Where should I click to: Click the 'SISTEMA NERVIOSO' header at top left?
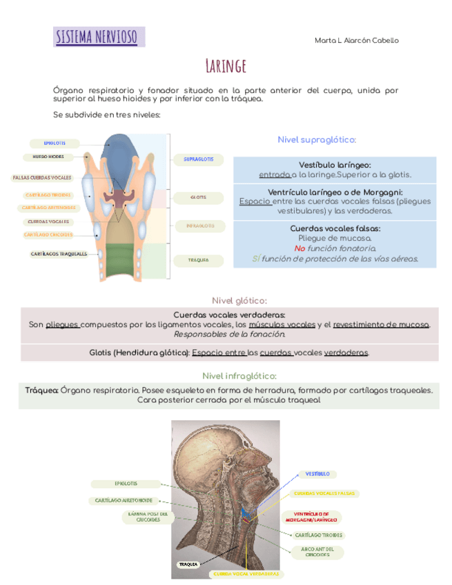97,37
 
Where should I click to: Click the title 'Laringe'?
226,66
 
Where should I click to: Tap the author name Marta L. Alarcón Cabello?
356,41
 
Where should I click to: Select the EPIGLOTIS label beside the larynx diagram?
55,143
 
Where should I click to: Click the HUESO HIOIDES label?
48,157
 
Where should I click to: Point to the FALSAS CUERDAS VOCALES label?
42,177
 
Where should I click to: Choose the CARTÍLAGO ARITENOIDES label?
48,208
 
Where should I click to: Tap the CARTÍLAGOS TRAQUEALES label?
59,254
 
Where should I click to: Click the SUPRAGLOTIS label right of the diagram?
198,159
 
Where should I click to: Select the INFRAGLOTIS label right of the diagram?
199,226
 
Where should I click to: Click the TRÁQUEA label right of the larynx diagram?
198,260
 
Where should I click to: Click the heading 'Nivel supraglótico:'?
317,140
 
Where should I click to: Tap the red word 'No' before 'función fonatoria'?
299,248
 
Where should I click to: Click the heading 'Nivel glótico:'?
239,300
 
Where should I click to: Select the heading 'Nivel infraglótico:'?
239,376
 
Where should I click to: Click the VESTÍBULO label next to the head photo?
317,474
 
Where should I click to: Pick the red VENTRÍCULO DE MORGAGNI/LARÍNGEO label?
312,517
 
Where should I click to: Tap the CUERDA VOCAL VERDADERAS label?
246,573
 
